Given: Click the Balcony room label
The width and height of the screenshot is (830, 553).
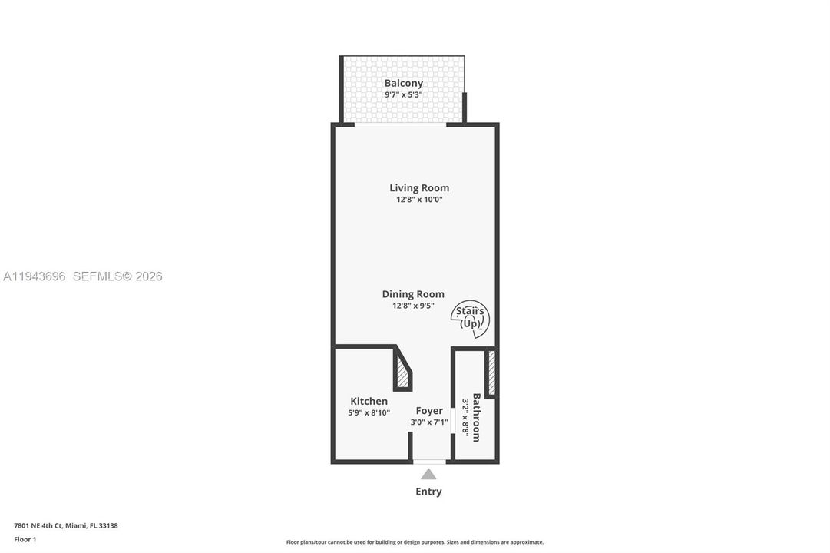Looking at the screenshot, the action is (x=403, y=83).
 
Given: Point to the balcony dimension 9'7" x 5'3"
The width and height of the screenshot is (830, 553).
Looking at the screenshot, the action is (x=403, y=94).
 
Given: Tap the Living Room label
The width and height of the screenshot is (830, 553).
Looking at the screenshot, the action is (x=419, y=188).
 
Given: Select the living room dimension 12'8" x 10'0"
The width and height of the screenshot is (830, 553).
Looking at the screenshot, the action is (x=419, y=200).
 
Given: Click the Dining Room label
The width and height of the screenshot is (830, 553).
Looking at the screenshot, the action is (x=413, y=294).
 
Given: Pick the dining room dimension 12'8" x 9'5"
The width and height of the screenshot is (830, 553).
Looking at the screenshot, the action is (x=413, y=306).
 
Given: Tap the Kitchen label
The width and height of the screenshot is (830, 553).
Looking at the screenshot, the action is (x=369, y=401).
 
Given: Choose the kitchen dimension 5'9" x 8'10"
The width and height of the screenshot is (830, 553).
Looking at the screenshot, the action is (x=369, y=412).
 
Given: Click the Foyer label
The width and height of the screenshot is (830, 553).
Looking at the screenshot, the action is (x=429, y=410).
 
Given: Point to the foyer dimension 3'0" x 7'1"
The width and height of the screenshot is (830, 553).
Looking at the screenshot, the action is (x=429, y=422).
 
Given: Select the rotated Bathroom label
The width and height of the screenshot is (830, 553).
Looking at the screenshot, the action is (x=476, y=417).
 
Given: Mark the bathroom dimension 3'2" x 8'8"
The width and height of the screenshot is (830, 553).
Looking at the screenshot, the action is (x=466, y=417).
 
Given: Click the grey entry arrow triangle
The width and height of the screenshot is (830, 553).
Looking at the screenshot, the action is (x=428, y=474).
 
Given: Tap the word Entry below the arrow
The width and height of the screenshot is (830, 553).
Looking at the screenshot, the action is (x=428, y=492).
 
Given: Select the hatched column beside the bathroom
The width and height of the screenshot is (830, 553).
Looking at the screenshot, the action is (x=491, y=373).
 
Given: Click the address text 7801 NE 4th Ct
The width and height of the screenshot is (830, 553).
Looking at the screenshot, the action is (x=38, y=525).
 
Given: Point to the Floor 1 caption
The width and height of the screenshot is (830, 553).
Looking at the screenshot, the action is (x=25, y=539).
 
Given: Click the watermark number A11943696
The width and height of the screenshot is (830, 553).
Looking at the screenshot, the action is (x=35, y=276).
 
